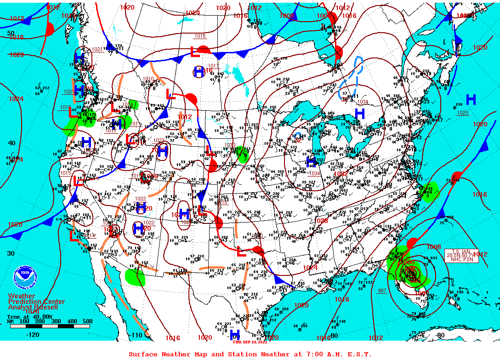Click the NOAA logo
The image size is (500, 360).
click(24, 278)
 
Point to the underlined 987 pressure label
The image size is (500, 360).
click(382, 291)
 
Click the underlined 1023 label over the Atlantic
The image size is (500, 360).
click(462, 113)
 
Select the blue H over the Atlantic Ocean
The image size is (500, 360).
click(471, 99)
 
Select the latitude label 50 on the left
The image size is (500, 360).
click(11, 34)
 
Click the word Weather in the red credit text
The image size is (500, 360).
click(21, 296)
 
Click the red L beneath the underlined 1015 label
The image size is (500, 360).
click(195, 51)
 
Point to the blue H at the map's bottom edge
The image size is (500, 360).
click(235, 334)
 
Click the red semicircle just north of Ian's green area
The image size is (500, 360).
click(412, 243)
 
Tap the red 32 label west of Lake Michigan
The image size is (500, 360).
click(298, 141)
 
